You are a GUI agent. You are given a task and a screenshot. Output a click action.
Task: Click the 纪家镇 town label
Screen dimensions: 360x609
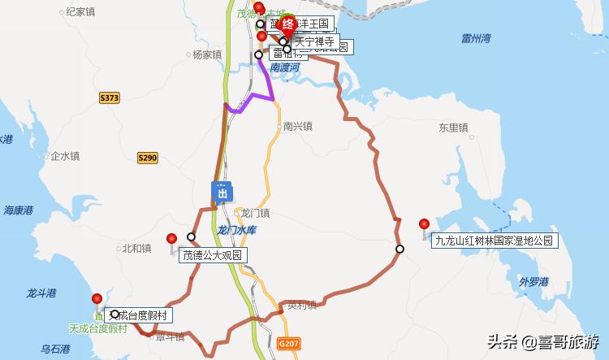(x=80, y=11)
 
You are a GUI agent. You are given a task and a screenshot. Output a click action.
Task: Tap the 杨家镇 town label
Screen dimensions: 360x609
(x=206, y=54)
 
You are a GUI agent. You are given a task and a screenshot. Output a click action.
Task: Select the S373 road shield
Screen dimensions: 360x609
(x=110, y=98)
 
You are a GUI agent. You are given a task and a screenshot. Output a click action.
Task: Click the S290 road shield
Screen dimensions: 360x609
(x=147, y=158)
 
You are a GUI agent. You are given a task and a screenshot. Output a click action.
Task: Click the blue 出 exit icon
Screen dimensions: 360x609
(x=222, y=192)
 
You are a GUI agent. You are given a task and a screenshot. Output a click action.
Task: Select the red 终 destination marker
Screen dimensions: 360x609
(x=287, y=25)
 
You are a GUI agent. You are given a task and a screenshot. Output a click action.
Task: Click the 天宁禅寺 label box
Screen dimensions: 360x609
(x=313, y=41)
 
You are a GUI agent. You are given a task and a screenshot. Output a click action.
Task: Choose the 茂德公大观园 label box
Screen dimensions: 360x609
(x=213, y=255)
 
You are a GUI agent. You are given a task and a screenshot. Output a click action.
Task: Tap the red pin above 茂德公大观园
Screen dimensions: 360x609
(x=171, y=239)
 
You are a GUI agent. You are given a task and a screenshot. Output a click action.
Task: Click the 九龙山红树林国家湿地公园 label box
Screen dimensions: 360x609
(x=494, y=241)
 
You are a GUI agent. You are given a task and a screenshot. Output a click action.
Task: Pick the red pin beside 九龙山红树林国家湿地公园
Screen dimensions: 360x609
(x=424, y=224)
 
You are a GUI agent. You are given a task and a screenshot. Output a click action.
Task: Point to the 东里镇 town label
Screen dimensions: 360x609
(x=453, y=128)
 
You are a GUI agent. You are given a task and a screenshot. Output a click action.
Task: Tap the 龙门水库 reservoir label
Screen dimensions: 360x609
(x=237, y=231)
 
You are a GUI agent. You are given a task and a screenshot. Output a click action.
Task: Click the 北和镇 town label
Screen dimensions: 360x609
(x=136, y=249)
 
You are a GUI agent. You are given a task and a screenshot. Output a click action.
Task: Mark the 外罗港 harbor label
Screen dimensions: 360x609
(x=533, y=282)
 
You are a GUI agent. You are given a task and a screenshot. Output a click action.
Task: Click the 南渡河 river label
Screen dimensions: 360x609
(x=286, y=68)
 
